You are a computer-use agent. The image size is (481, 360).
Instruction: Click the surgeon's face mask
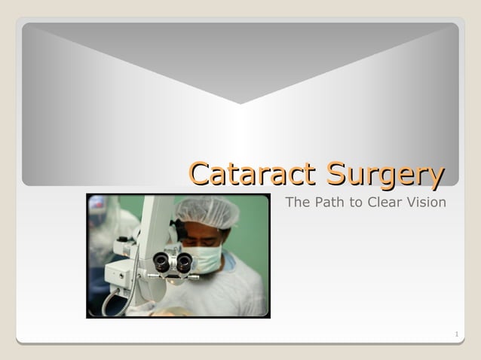[204, 258]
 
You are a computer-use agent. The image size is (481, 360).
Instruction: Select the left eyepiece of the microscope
[161, 261]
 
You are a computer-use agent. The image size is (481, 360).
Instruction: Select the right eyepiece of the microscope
[184, 261]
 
